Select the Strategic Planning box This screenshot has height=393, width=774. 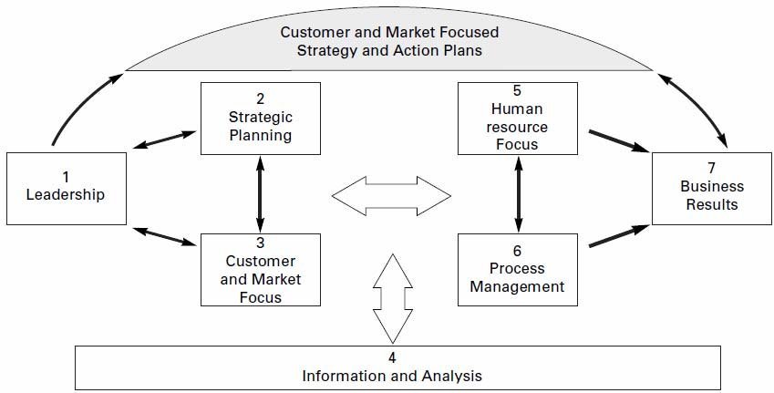(x=261, y=118)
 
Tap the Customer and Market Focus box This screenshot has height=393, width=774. (x=261, y=269)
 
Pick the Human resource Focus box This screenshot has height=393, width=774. (x=518, y=118)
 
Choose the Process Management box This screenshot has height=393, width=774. (x=518, y=269)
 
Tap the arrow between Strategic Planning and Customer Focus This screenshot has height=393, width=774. (x=261, y=193)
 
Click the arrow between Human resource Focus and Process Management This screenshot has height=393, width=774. (x=518, y=193)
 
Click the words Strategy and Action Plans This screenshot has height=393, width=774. (x=389, y=50)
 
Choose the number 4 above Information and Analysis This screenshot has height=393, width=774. (x=391, y=356)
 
